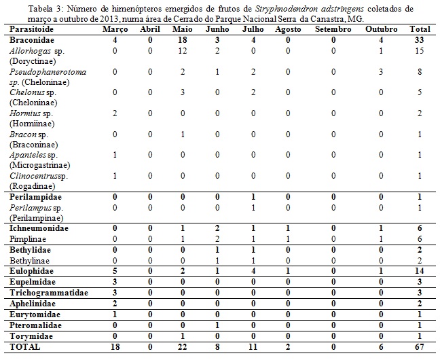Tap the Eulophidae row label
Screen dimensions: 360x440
tap(33, 270)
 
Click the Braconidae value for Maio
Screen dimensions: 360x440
tap(182, 41)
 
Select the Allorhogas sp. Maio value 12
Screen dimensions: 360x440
tap(182, 51)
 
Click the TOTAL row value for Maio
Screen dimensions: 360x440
tap(182, 346)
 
